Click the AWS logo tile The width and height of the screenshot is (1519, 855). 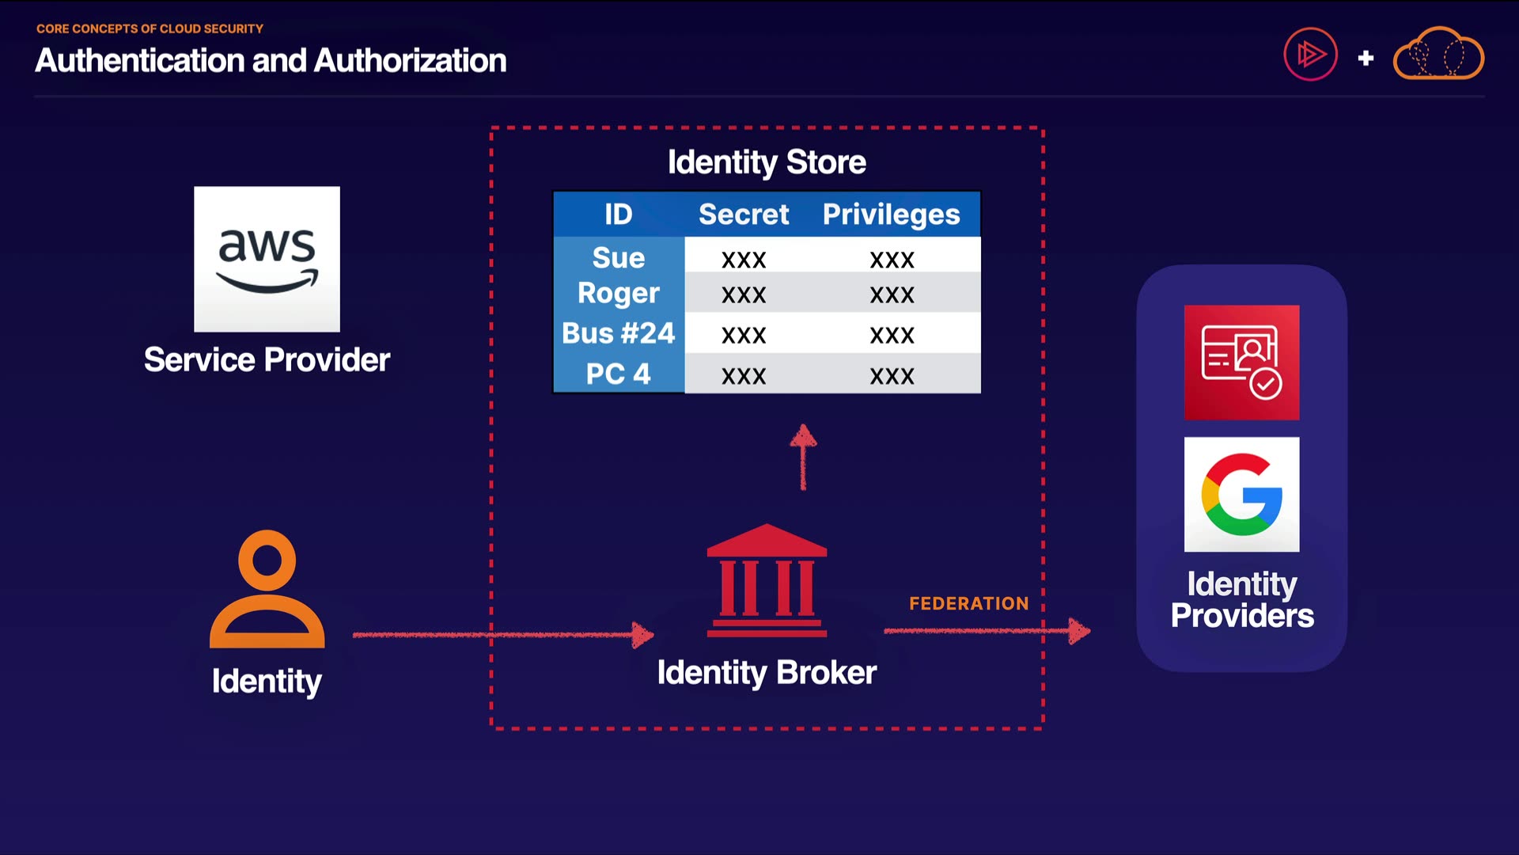pos(267,259)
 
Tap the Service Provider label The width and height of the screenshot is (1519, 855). pos(267,360)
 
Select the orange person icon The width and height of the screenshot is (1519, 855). pos(267,589)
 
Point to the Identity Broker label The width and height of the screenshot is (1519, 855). pos(767,673)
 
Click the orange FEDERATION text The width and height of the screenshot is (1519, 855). pos(968,603)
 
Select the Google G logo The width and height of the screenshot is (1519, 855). pos(1241,495)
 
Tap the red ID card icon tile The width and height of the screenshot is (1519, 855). pos(1241,363)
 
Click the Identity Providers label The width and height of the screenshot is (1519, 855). pos(1241,599)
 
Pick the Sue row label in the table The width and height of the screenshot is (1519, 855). pos(619,258)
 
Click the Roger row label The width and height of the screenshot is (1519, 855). pos(619,293)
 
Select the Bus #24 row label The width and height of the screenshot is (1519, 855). pos(619,333)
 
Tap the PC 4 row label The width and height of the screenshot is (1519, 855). pos(619,374)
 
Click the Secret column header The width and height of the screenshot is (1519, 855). pos(744,215)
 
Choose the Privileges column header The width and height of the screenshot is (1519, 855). pos(891,215)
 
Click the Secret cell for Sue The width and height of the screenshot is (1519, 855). pos(744,260)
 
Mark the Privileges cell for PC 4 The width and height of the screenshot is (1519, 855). pos(892,376)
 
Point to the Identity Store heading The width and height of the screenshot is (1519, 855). pos(767,162)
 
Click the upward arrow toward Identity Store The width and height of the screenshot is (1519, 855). pos(803,458)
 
